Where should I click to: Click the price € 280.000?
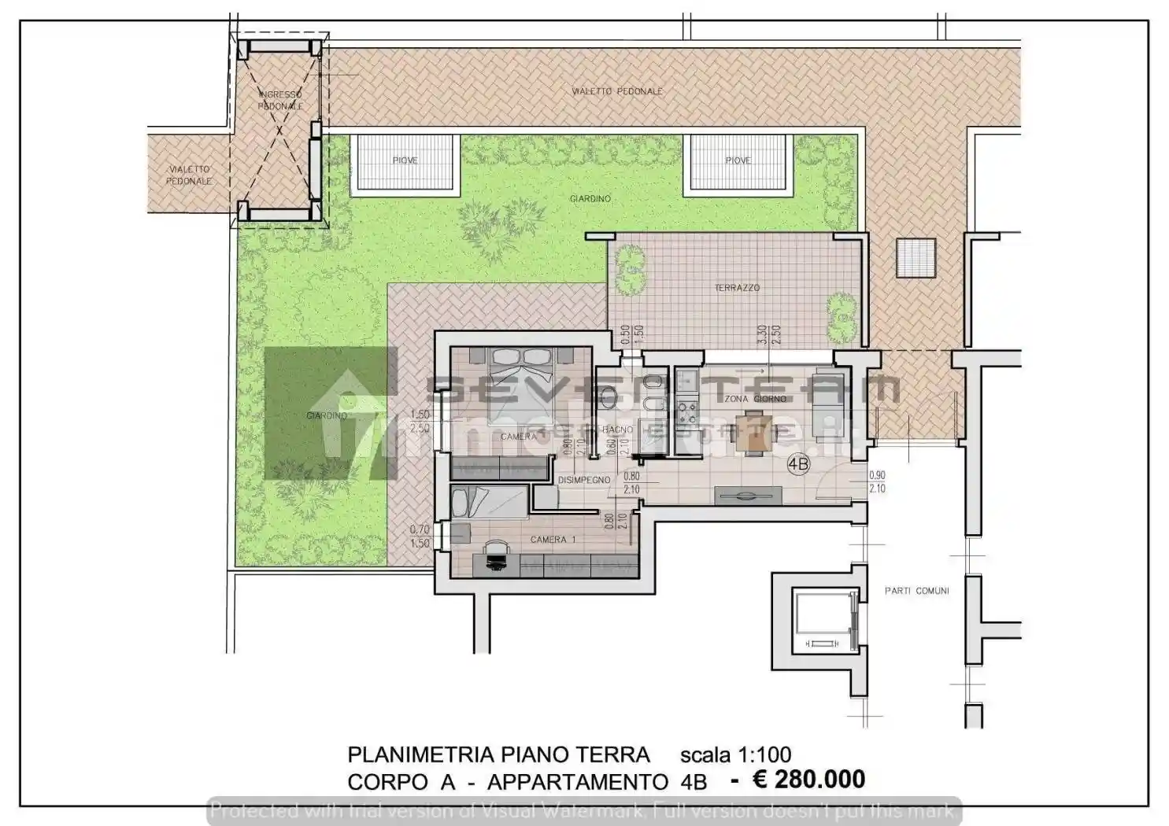[x=808, y=780]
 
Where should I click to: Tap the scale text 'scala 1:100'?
[x=735, y=755]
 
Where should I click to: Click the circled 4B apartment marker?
[x=797, y=465]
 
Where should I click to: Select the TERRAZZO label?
[x=737, y=288]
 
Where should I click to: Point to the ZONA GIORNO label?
[x=755, y=399]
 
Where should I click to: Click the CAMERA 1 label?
[x=553, y=540]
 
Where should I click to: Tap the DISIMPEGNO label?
[x=584, y=480]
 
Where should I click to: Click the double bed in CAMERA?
[x=520, y=370]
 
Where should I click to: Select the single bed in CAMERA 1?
[x=488, y=502]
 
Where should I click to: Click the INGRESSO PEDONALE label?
[x=280, y=100]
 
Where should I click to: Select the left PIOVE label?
[x=405, y=160]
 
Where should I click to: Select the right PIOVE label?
[x=738, y=160]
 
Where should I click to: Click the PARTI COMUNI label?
[x=916, y=591]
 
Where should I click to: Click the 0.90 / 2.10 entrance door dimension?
[x=877, y=482]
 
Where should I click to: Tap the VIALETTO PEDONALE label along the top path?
[x=616, y=91]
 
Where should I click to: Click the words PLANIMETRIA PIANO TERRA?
[x=498, y=755]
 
